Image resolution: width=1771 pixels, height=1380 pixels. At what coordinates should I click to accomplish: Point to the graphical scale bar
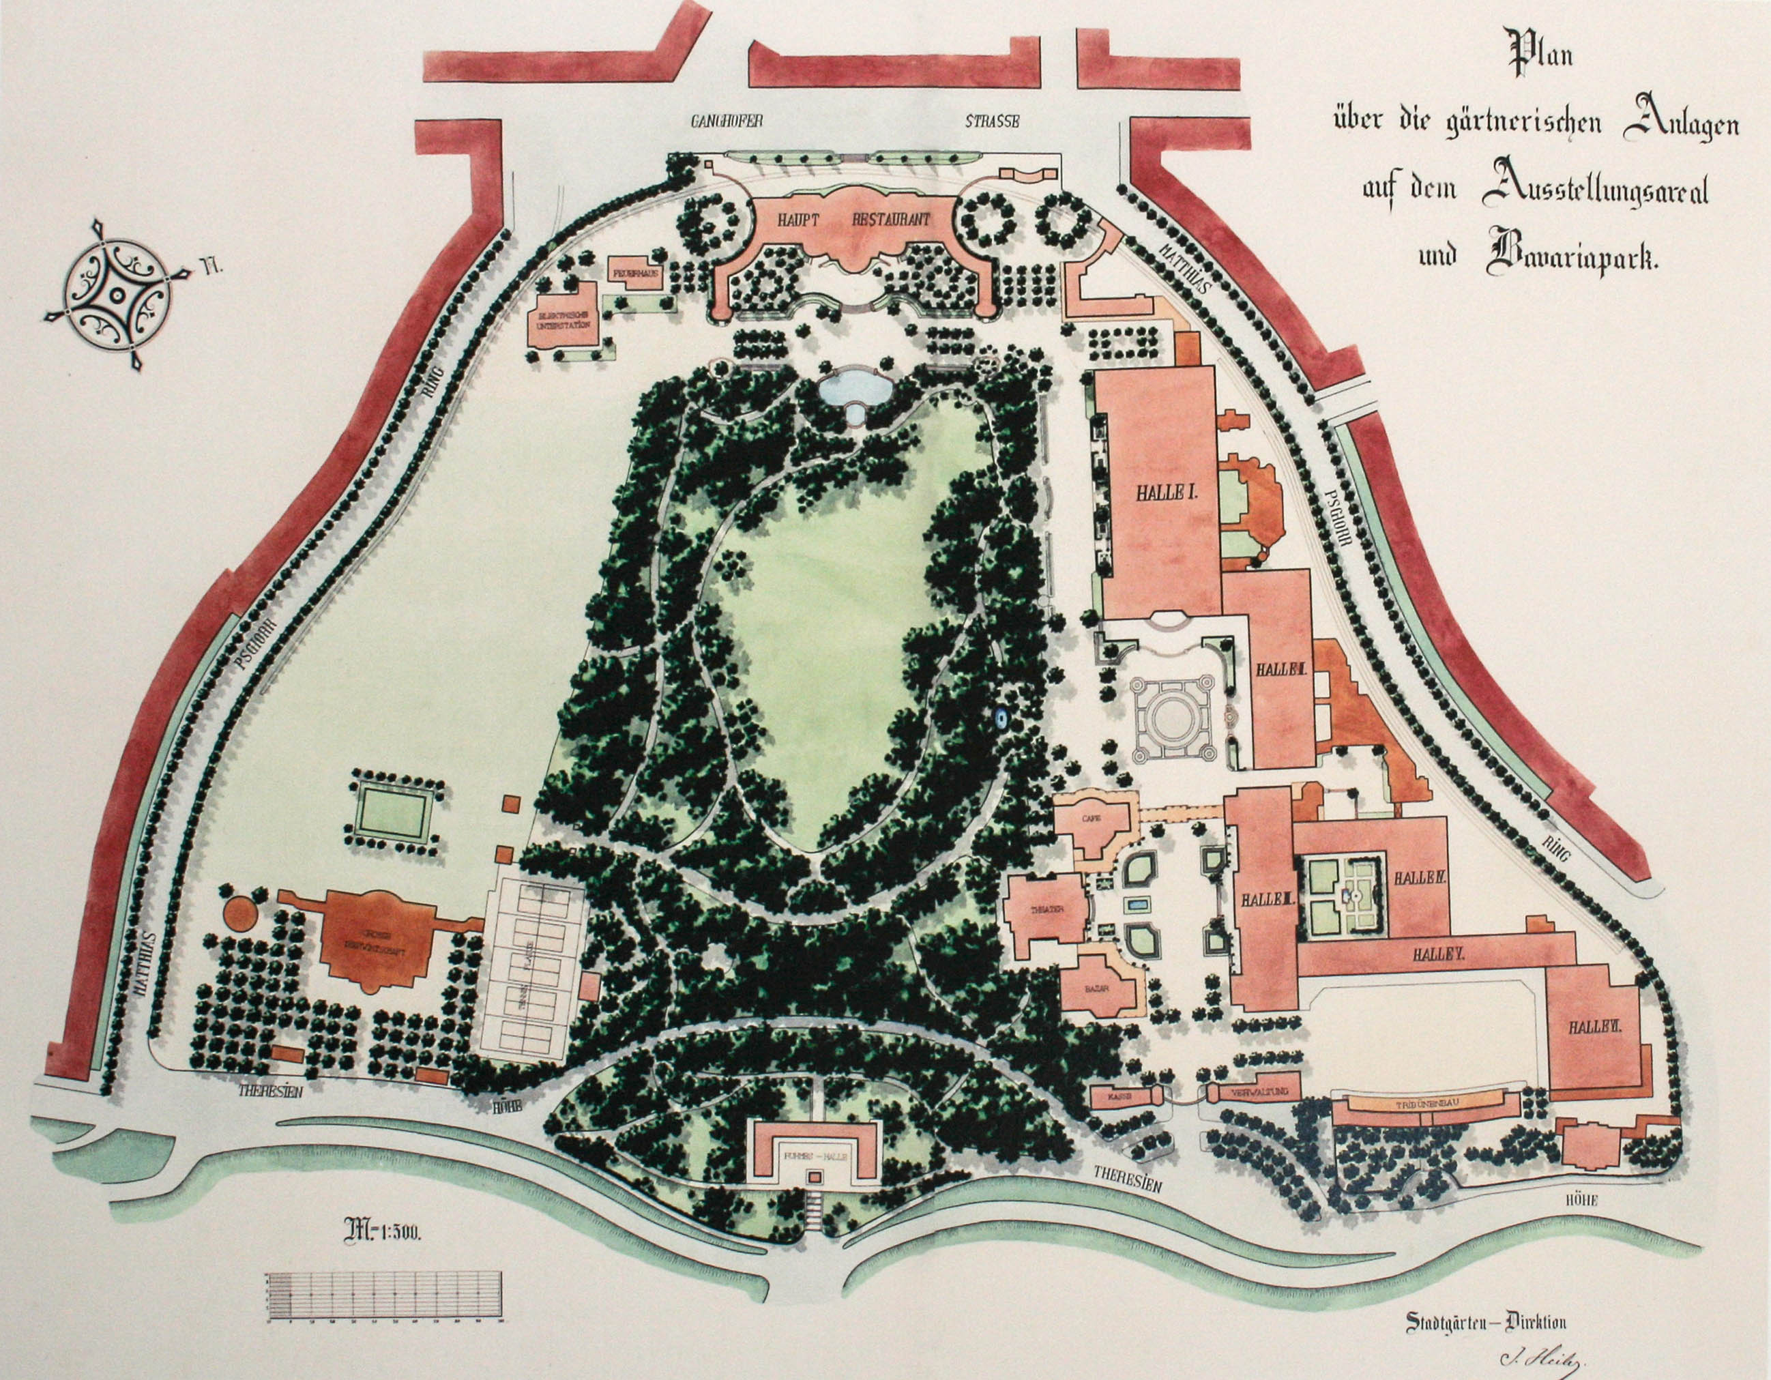click(x=383, y=1297)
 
